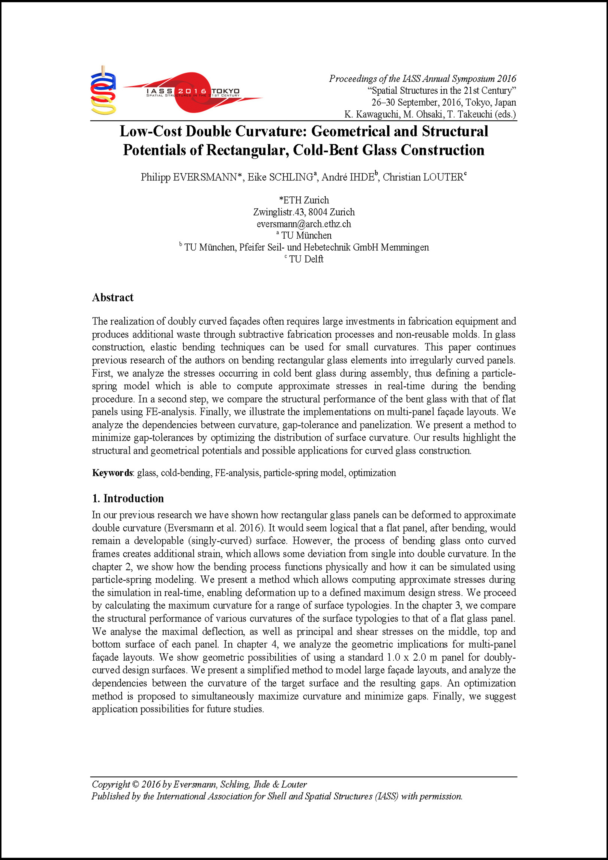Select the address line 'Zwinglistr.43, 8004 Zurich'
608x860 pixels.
304,212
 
